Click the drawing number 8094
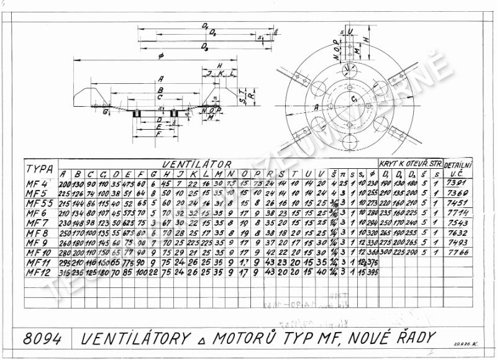coord(42,339)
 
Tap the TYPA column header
coord(39,169)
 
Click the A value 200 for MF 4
coord(65,184)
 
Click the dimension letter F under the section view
coord(159,133)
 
